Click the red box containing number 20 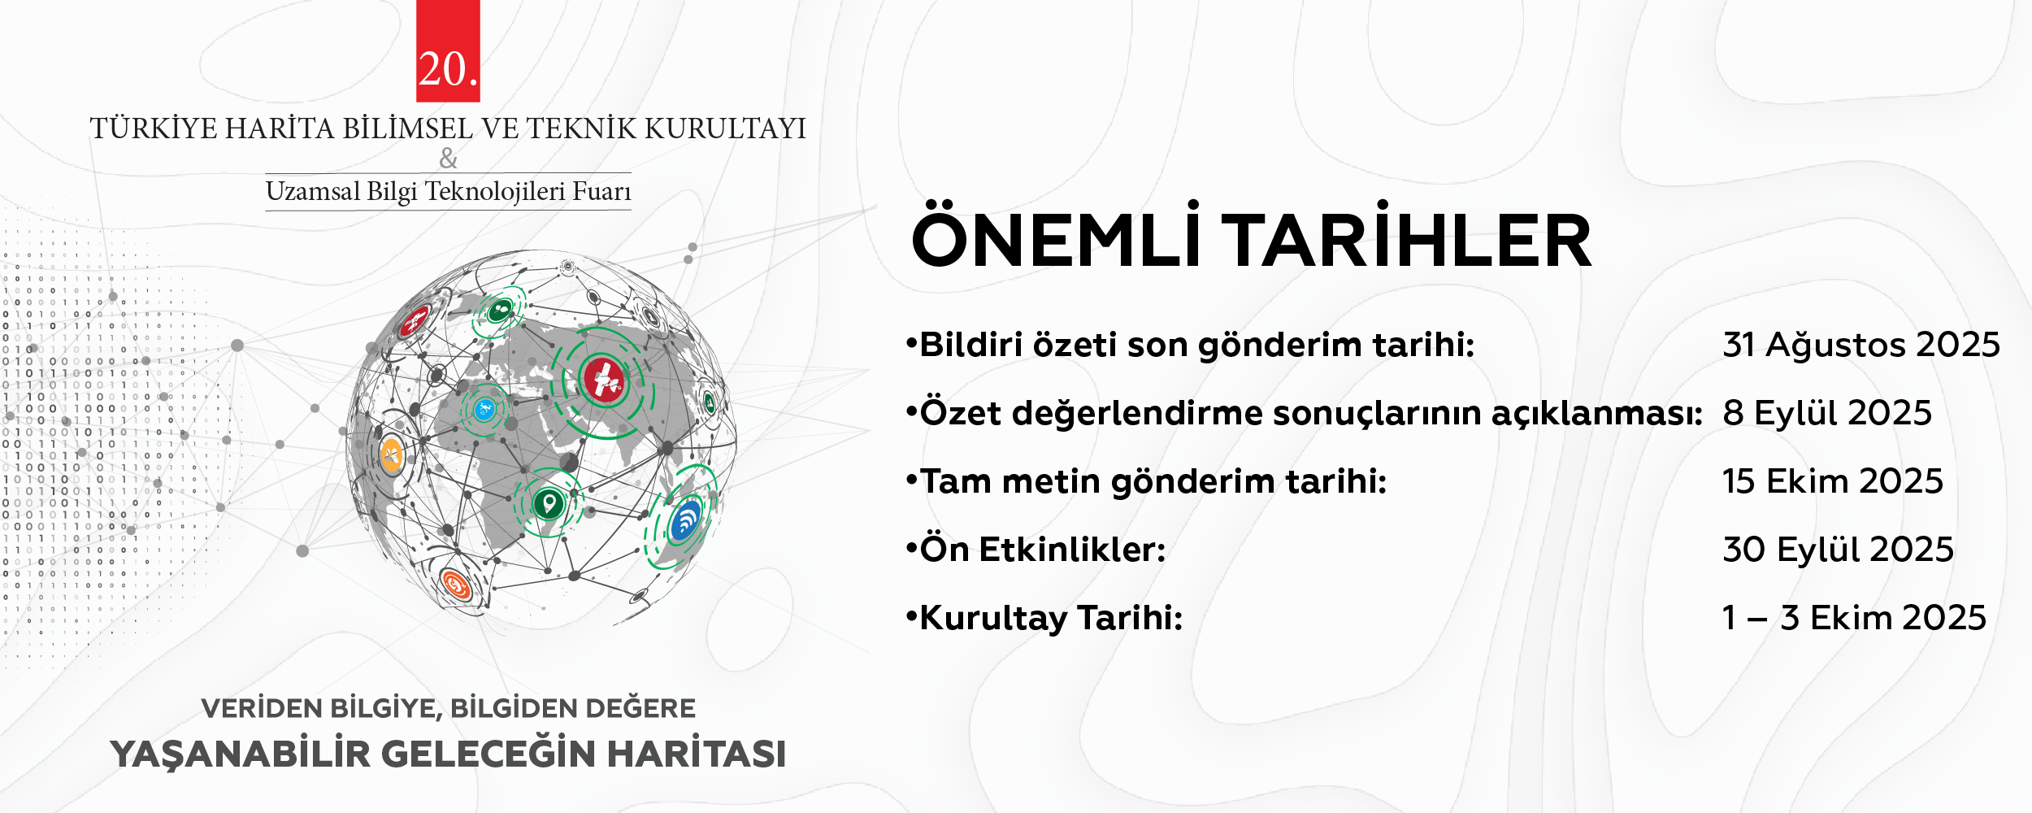[x=448, y=50]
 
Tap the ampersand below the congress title [x=448, y=159]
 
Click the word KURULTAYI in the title [x=725, y=128]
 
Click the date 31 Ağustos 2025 [x=1860, y=345]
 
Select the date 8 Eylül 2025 [x=1826, y=413]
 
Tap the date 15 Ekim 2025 [x=1832, y=481]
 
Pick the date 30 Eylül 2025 [x=1838, y=550]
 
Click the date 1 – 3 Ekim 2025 [x=1854, y=618]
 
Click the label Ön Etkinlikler [x=1043, y=550]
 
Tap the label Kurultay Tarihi [x=1051, y=618]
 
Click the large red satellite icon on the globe [x=603, y=379]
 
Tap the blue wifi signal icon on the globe [x=685, y=521]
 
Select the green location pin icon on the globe [x=549, y=503]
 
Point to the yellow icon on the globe [x=391, y=455]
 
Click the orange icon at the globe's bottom [x=455, y=585]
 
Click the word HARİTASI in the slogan [x=697, y=754]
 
